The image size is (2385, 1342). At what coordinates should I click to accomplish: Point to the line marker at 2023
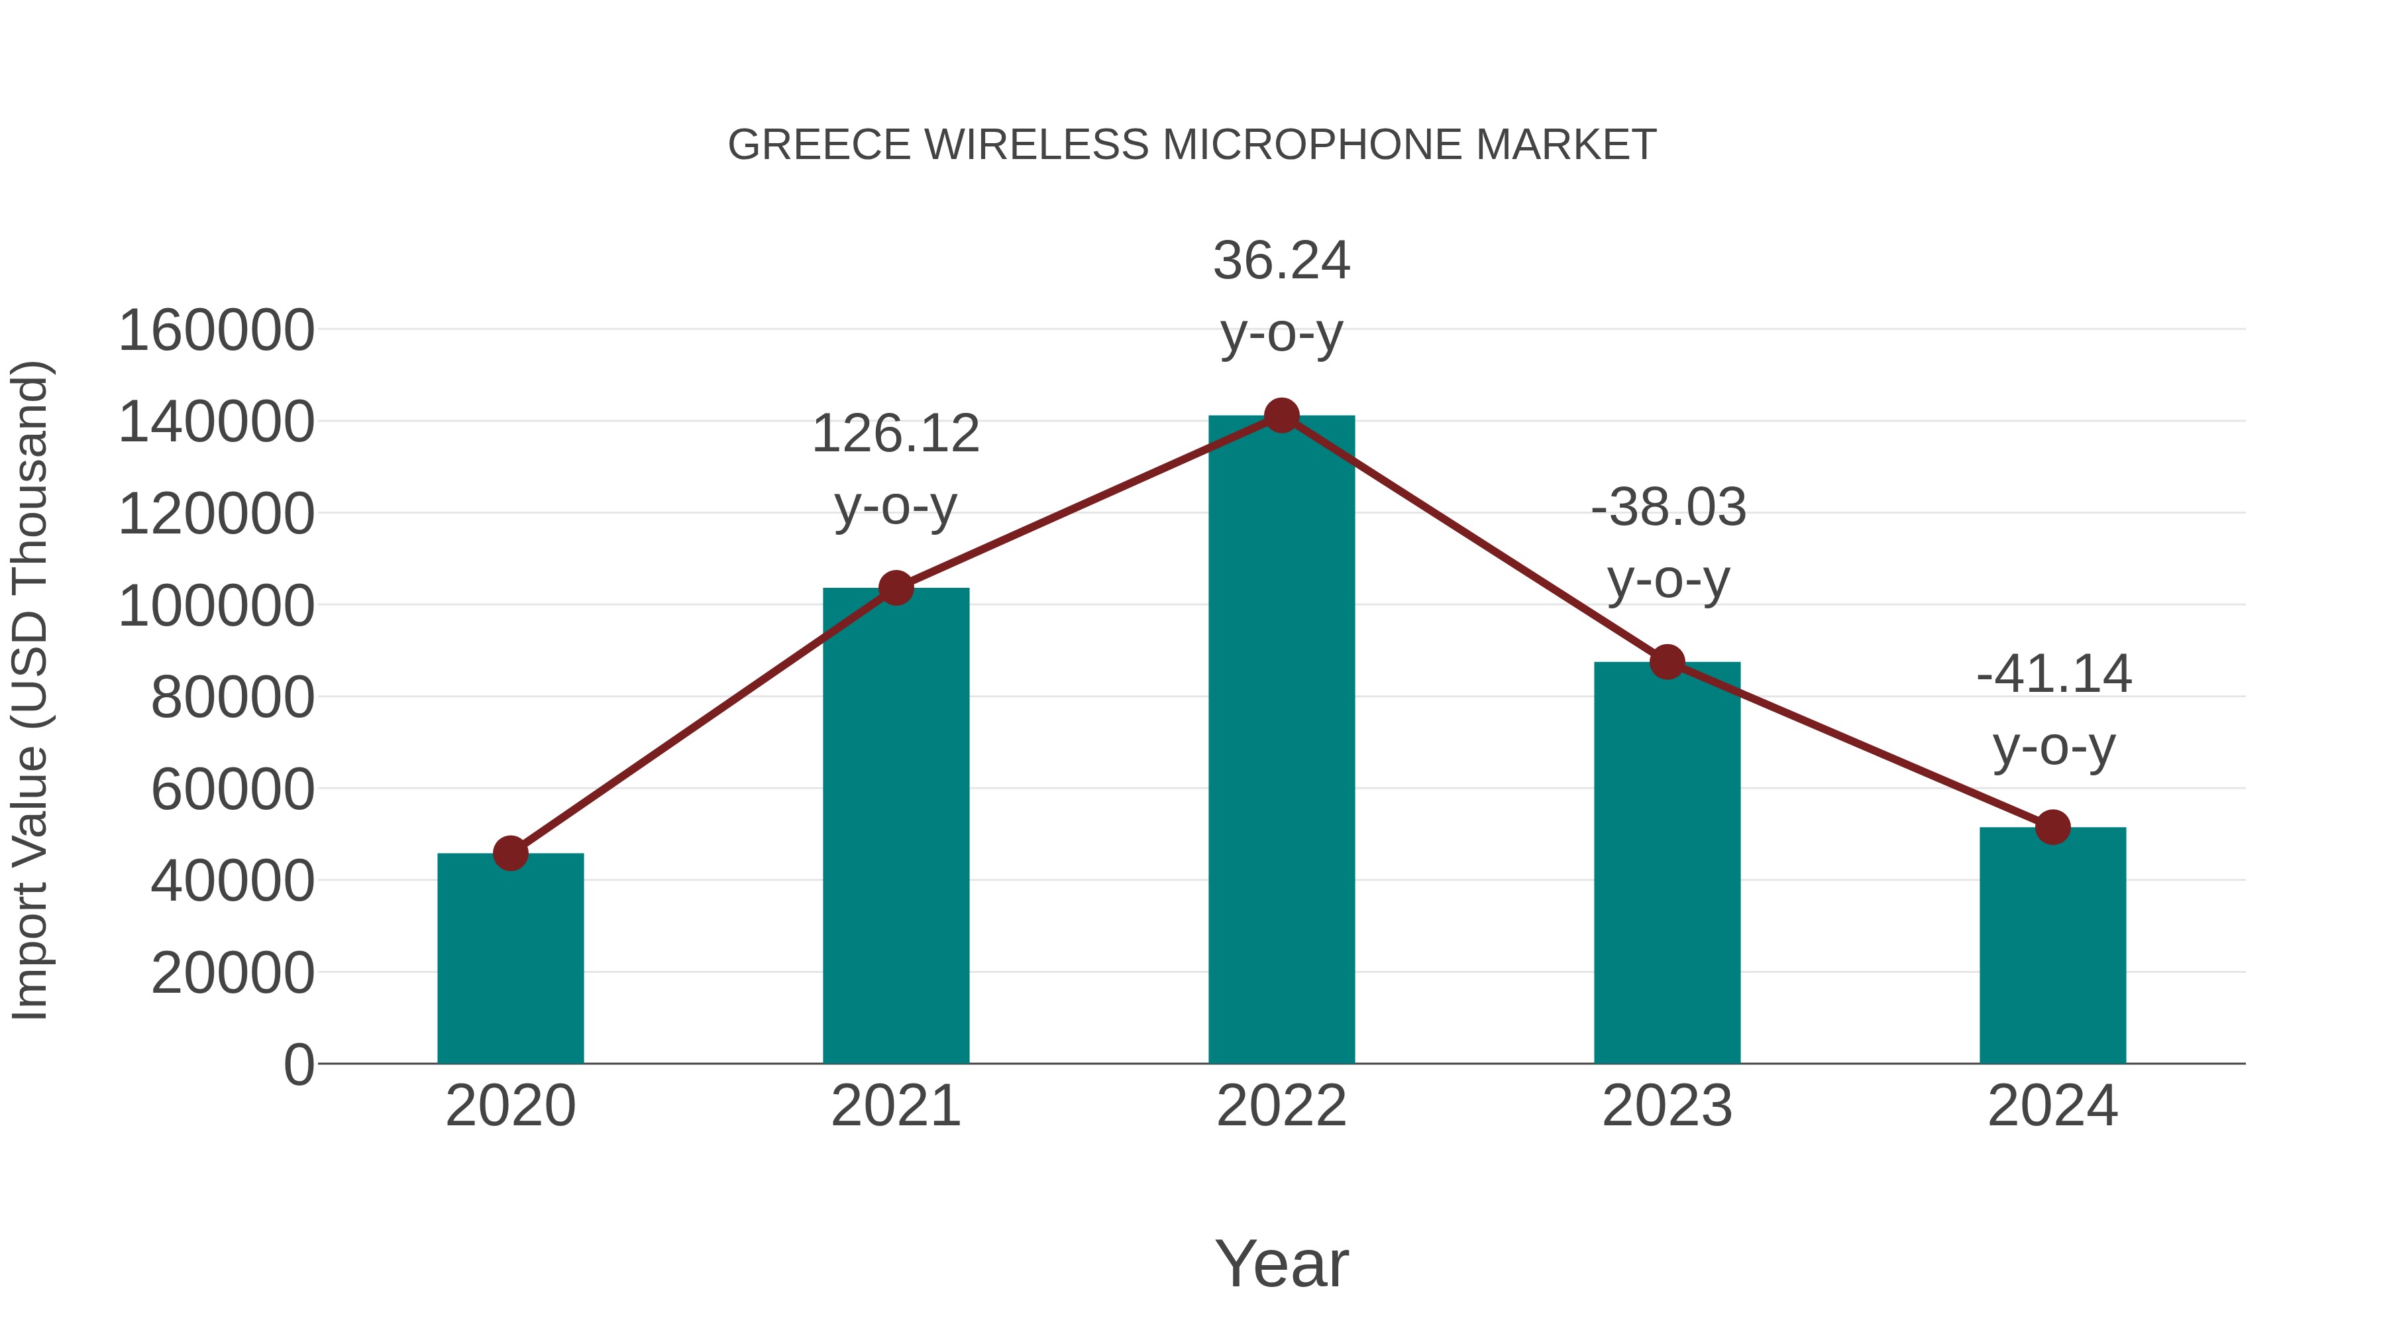[1668, 662]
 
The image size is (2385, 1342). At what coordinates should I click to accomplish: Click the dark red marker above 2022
[1281, 416]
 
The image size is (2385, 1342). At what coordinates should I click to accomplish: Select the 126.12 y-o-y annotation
[895, 470]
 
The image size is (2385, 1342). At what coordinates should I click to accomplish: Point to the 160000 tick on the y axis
[217, 331]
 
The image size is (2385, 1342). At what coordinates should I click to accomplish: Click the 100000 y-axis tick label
[217, 606]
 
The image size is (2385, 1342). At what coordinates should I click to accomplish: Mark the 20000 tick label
[233, 974]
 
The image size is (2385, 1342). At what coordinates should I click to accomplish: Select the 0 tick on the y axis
[299, 1065]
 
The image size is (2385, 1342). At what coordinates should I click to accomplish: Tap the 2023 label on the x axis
[1668, 1106]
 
